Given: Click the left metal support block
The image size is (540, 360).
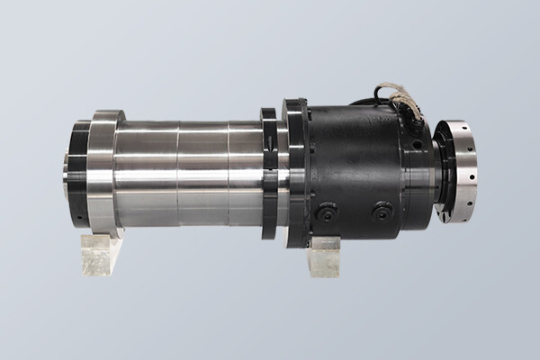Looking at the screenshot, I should tap(101, 254).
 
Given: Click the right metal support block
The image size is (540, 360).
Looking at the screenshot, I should tap(324, 256).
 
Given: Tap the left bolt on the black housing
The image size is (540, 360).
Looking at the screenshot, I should tap(327, 212).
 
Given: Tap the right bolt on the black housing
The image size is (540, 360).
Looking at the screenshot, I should tap(382, 211).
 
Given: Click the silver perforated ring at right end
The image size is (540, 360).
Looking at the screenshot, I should tap(459, 171).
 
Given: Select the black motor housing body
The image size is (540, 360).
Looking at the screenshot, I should tap(355, 162).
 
